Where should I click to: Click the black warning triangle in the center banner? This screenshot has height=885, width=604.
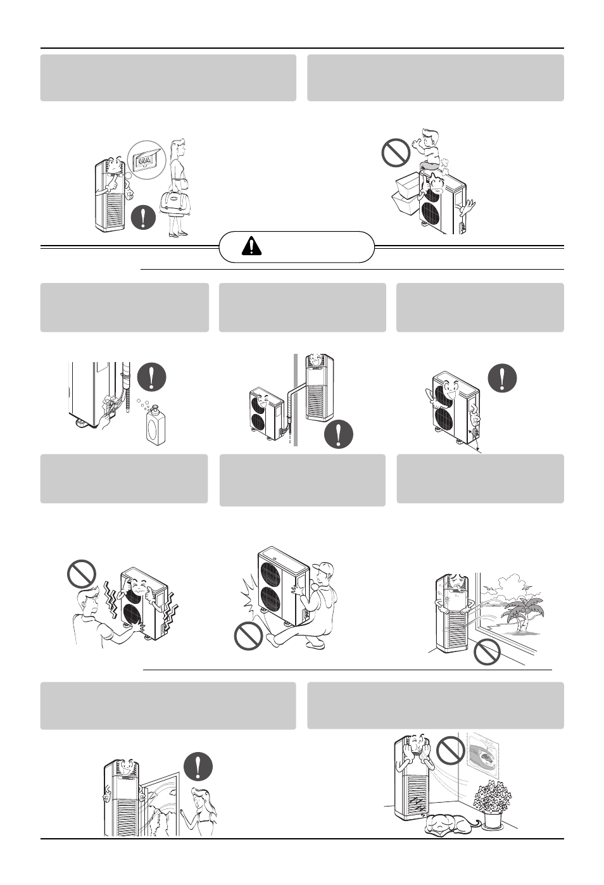pos(251,246)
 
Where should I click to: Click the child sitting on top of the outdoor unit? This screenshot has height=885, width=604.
pos(428,149)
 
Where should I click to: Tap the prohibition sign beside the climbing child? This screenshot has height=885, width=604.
pos(397,153)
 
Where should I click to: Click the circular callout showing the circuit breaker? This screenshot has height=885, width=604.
pos(146,161)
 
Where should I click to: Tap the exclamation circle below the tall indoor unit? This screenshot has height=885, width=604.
pos(338,434)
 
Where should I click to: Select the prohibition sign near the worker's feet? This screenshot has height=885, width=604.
pos(248,636)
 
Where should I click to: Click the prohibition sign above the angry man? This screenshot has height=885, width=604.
pos(82,574)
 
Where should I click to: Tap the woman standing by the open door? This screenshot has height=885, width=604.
pos(203,811)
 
